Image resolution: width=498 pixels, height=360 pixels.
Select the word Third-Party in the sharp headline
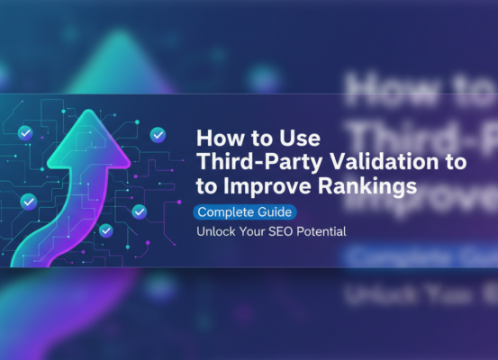click(246, 163)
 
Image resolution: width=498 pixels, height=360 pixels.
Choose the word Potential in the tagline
click(321, 232)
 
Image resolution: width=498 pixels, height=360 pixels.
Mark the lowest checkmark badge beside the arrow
click(106, 230)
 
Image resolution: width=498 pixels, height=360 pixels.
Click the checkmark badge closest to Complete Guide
click(139, 211)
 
